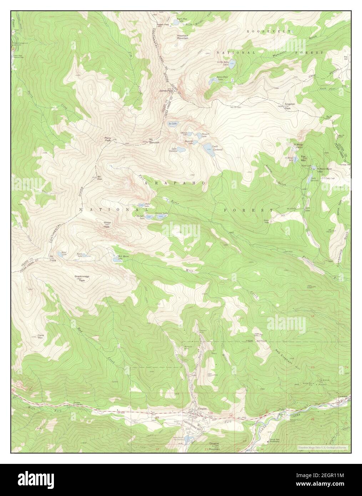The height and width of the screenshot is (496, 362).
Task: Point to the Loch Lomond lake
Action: point(207,147)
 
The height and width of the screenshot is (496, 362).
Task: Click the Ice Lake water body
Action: point(172,124)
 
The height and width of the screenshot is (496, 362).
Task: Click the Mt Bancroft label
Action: point(154,141)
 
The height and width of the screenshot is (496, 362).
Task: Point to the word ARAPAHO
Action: point(175,183)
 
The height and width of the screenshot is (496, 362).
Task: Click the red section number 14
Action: point(312,317)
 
